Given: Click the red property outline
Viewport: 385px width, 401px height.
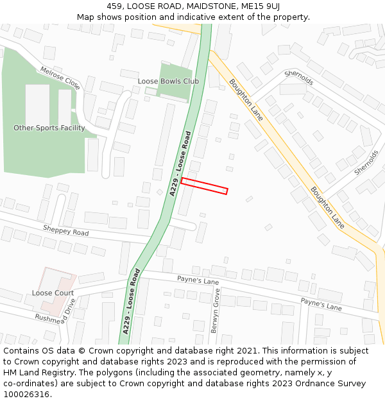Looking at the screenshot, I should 204,185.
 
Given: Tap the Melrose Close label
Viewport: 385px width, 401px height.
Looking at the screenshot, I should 60,78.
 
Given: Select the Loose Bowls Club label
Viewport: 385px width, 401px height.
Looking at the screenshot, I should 168,81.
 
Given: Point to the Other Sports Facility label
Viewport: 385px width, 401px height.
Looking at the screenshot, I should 49,128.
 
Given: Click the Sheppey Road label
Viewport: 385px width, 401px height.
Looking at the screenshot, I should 66,230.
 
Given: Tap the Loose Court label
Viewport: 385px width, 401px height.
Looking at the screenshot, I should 53,293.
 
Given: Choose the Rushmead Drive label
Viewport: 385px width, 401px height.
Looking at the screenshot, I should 56,310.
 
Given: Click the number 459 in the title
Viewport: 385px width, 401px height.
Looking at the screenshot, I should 114,6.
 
